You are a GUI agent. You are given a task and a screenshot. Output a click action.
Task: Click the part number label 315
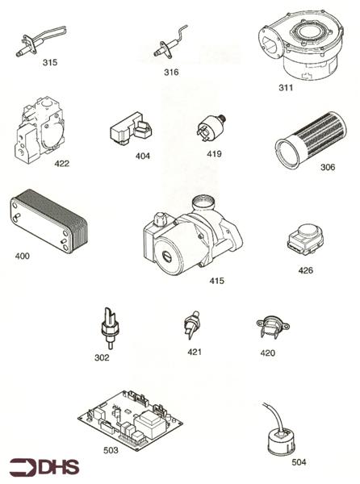50,62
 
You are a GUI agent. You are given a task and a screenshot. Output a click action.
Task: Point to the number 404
143,156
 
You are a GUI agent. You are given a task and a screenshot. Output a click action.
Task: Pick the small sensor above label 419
211,127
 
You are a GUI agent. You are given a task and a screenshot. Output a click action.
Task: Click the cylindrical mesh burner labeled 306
310,140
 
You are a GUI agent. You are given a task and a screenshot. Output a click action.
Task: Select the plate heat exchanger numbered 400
48,221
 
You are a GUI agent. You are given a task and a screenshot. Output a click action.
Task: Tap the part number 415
217,281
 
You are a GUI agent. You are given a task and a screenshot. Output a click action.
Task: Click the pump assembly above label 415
191,236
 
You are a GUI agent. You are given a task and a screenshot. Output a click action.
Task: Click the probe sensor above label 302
109,328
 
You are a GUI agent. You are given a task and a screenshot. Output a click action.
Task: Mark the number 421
195,352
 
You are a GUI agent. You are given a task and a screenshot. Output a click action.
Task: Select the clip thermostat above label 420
273,328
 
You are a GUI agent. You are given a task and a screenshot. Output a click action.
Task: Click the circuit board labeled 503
130,420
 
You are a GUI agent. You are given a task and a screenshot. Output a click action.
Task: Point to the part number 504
299,462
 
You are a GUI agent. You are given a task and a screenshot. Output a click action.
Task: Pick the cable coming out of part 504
274,418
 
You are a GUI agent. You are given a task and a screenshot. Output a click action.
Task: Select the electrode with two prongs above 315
41,42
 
